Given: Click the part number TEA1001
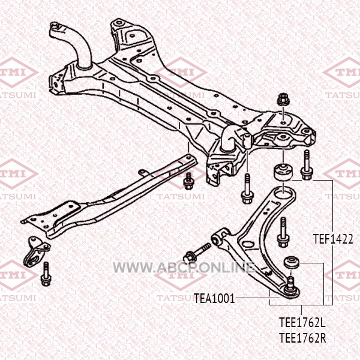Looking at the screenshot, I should [214, 297].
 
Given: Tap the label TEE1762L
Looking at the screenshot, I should [302, 322].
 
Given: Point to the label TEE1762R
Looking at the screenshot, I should [302, 337].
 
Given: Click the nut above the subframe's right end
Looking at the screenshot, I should [281, 100].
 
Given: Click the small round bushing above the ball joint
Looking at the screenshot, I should [292, 262].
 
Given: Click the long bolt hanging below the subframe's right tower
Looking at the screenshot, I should [246, 189].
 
